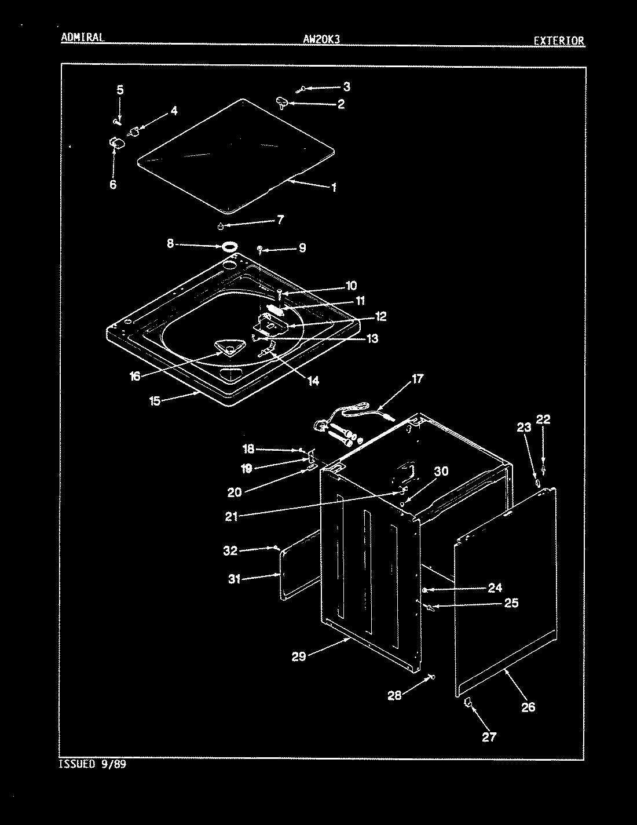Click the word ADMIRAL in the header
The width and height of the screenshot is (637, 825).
(82, 38)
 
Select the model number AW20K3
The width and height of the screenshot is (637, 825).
(321, 39)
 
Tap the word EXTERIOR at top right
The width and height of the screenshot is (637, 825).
(559, 41)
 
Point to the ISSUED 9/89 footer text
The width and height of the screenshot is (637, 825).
(93, 764)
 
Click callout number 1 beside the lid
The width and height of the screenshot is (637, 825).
(334, 187)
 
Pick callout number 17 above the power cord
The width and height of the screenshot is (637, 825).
(417, 379)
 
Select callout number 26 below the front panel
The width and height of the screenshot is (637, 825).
(528, 707)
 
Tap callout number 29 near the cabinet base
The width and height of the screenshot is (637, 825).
(299, 656)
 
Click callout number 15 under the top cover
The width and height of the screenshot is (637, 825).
(155, 400)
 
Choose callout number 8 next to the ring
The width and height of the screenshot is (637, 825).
(170, 244)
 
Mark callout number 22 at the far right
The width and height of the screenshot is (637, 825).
(543, 419)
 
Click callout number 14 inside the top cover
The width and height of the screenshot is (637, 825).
(313, 381)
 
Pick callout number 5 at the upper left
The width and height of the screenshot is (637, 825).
(120, 90)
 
